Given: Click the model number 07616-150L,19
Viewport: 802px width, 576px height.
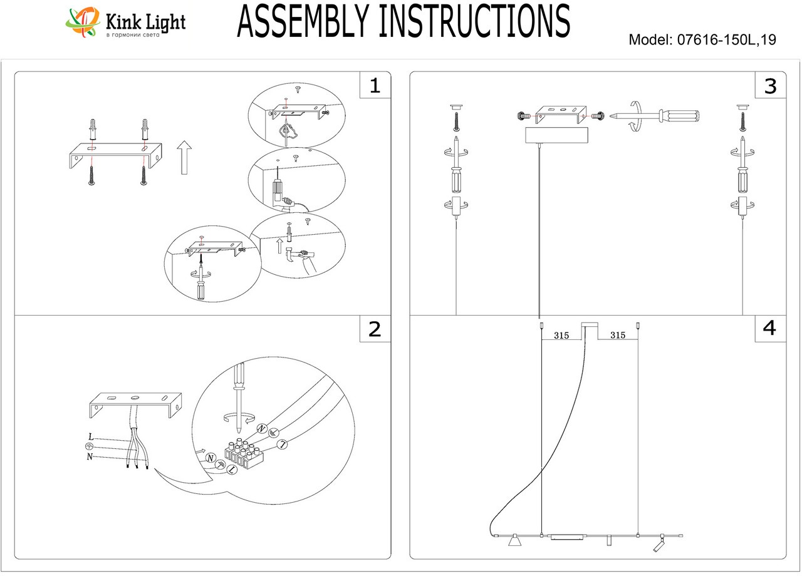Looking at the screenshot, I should point(725,40).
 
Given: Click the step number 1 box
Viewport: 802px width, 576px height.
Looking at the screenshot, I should point(375,85).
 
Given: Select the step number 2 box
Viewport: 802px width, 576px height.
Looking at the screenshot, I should point(375,329).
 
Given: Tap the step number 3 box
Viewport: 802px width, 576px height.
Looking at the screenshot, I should point(770,85).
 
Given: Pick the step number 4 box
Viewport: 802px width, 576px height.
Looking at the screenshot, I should point(770,328).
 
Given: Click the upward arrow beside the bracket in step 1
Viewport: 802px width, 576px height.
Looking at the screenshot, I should point(184,157).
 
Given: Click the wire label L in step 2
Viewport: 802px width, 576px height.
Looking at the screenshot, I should point(91,436).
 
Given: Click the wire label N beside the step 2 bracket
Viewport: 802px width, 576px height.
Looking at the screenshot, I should point(91,456).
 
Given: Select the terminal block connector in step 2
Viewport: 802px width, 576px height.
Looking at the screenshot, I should point(245,455).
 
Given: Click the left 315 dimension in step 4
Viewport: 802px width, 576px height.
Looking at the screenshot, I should point(561,336).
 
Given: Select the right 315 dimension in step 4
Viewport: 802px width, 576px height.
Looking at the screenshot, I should point(617,336).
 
